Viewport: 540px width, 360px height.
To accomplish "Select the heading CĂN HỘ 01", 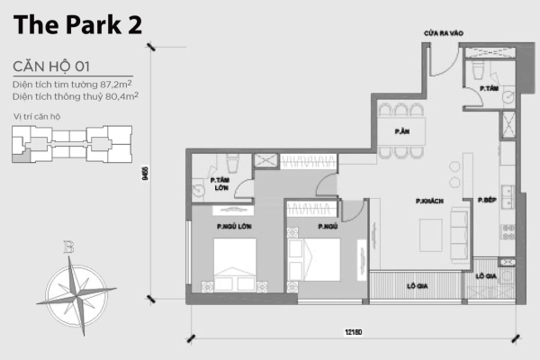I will pos(53,67).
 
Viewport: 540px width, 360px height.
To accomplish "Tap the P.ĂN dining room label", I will pos(402,131).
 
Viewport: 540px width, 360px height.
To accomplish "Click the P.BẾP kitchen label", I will pos(488,200).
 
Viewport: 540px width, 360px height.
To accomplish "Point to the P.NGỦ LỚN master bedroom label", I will pos(232,226).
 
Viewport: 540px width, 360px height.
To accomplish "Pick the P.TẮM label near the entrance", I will pos(490,88).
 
